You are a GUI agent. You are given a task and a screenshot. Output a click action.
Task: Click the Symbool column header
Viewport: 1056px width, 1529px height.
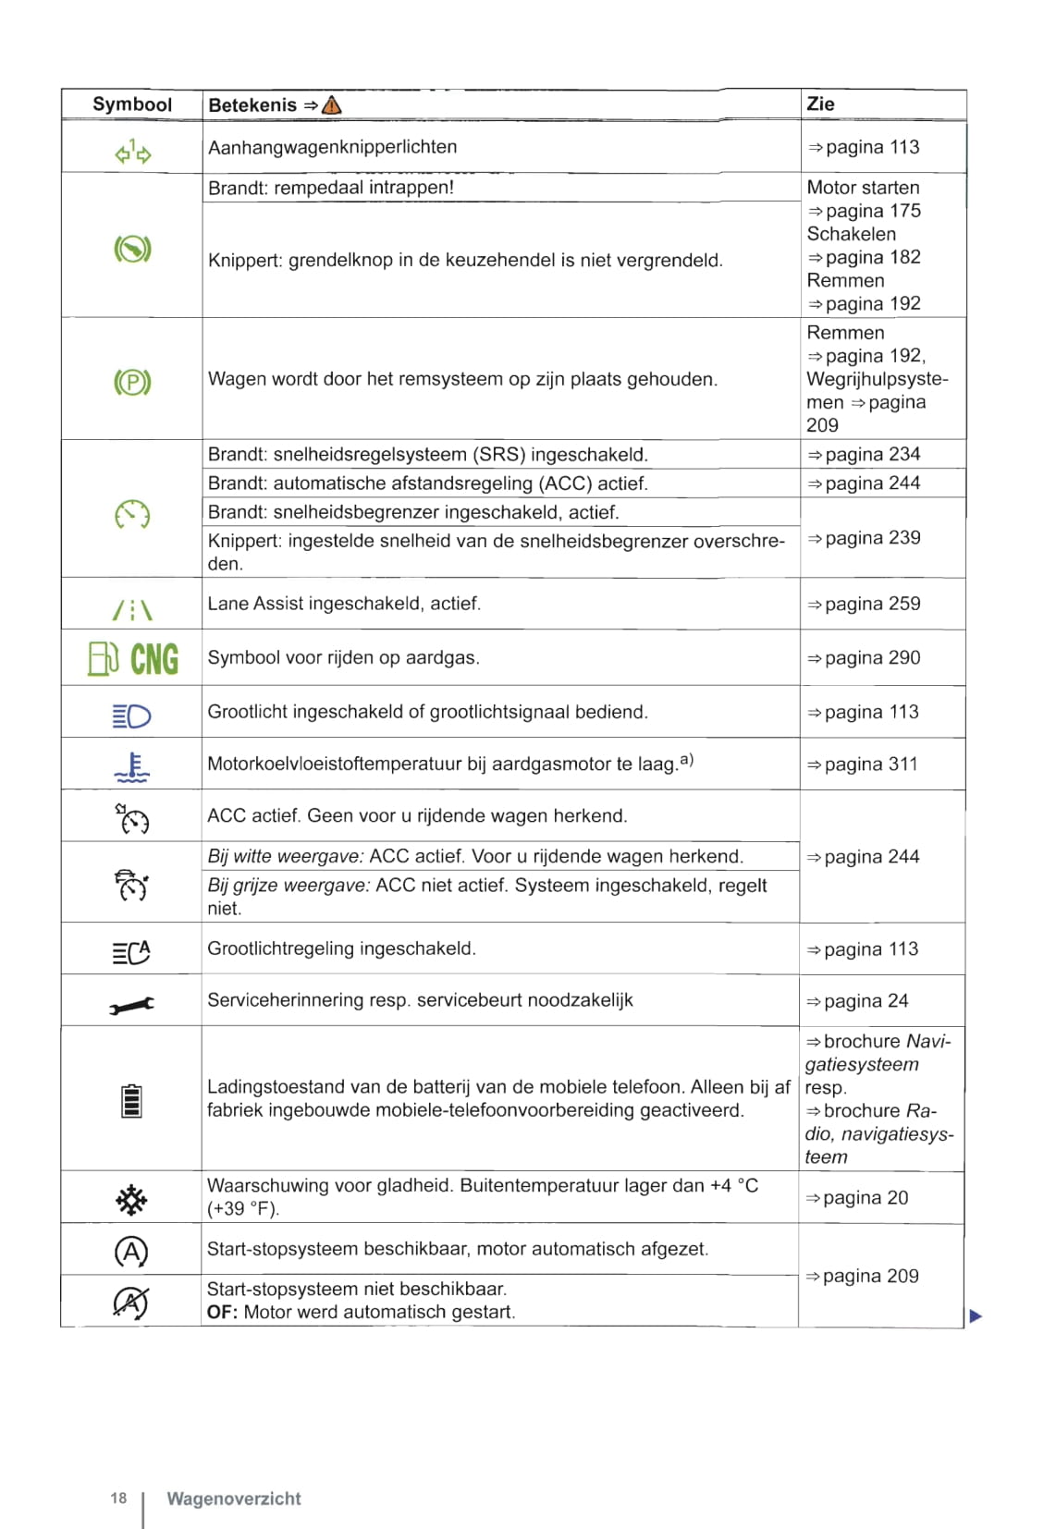click(x=132, y=104)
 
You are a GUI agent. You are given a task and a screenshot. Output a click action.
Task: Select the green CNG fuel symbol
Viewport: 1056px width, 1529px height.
click(x=133, y=658)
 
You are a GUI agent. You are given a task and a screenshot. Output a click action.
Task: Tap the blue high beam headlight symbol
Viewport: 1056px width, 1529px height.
click(x=131, y=716)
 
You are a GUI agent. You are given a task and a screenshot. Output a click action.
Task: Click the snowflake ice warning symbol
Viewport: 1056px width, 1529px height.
click(x=131, y=1200)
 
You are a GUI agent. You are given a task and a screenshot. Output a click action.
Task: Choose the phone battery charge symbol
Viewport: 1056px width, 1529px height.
click(x=131, y=1100)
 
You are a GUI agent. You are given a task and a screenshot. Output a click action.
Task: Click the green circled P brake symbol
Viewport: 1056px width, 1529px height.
click(x=132, y=382)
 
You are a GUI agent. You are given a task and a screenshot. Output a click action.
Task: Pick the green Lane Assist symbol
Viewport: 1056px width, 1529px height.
click(x=131, y=609)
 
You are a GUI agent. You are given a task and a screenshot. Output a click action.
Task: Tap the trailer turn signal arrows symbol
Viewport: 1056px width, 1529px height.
click(x=133, y=152)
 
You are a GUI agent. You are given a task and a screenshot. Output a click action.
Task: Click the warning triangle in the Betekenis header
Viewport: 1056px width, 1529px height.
click(x=331, y=105)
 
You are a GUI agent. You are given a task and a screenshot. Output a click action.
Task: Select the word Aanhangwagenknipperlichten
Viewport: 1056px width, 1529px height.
click(x=333, y=147)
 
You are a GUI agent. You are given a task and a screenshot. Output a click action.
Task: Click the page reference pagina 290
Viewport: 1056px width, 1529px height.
click(x=871, y=658)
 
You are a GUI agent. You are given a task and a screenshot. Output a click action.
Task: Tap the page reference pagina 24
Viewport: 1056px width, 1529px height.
click(x=866, y=1001)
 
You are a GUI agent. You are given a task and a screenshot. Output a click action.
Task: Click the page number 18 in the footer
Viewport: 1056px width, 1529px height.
click(x=118, y=1498)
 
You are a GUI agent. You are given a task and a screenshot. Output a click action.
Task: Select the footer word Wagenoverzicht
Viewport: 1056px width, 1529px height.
click(x=234, y=1498)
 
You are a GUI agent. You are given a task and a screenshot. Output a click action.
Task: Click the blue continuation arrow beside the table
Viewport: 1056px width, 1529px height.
click(x=976, y=1315)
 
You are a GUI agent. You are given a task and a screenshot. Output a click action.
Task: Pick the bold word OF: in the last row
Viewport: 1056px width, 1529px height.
click(x=222, y=1312)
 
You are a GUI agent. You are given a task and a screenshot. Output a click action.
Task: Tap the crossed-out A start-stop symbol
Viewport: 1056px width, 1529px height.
click(x=130, y=1302)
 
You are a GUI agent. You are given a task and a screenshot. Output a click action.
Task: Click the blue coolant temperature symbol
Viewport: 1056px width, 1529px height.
click(x=132, y=767)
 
